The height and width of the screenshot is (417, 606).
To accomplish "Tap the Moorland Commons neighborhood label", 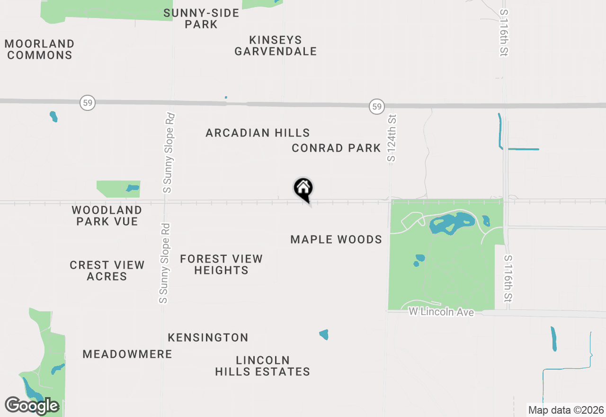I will (40, 49).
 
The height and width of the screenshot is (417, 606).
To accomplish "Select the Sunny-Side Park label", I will (201, 18).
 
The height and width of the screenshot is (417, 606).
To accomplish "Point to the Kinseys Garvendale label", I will (276, 45).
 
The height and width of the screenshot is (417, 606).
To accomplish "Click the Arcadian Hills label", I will (258, 133).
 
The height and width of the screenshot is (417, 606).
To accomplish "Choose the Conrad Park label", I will (336, 148).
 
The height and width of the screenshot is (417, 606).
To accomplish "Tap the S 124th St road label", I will (391, 138).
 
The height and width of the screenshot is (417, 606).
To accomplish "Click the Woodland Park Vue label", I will (107, 216).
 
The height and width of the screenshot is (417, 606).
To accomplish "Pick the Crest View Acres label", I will (107, 271).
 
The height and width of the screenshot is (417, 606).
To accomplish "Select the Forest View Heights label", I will (221, 264).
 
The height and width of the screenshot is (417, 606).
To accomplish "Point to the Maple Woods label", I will (336, 239).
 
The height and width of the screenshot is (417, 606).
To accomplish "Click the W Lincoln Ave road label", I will (441, 312).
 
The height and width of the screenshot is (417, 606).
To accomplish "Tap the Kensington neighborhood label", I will (208, 337).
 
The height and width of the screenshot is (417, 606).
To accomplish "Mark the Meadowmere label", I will (127, 354).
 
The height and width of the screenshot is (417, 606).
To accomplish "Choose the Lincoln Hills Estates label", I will (262, 366).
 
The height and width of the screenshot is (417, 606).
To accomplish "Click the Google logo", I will (32, 406).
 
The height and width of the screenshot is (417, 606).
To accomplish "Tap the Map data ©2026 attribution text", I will (566, 410).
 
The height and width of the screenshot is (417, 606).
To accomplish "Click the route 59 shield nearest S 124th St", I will (377, 107).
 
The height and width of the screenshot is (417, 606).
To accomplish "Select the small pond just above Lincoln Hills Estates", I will (324, 335).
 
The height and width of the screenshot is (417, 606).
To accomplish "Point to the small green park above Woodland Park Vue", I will (118, 189).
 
